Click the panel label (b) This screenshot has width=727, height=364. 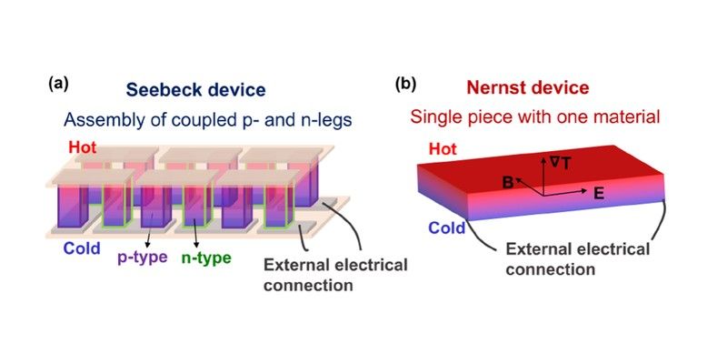[x=405, y=85]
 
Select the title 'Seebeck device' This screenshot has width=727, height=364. [x=195, y=90]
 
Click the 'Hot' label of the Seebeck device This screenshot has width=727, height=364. [x=77, y=147]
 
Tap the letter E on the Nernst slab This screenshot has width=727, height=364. [x=597, y=193]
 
